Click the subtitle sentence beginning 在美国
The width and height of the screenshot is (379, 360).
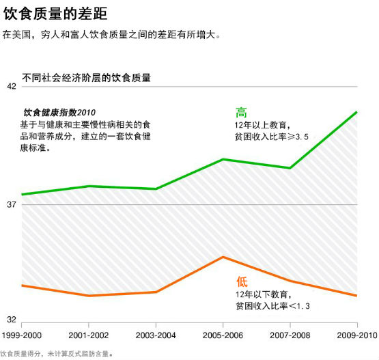pos(112,34)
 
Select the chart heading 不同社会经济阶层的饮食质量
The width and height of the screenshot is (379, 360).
pos(86,78)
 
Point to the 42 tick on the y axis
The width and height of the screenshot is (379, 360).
pos(12,87)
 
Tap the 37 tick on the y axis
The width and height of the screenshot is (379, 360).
pos(12,205)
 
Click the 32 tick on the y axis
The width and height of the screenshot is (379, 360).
pos(12,320)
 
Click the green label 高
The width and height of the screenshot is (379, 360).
pos(241,113)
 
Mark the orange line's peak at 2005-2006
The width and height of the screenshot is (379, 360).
pos(223,257)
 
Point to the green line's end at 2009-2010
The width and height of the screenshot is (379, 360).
pos(356,111)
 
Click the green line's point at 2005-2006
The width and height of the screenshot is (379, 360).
pos(223,159)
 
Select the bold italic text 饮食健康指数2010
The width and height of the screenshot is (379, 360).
pos(59,112)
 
